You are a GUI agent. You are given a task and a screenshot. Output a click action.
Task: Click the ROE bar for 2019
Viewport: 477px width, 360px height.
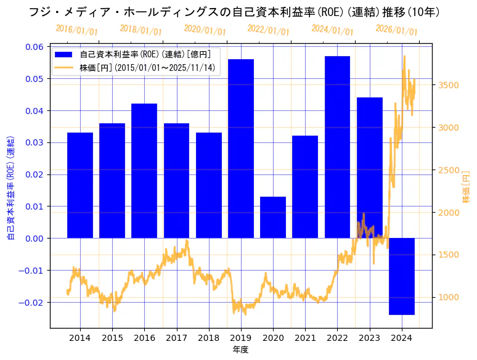241,148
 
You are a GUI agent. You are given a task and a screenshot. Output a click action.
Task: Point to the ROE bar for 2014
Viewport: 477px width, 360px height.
80,185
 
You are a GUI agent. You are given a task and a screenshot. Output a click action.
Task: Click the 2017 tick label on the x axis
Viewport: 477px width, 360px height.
176,338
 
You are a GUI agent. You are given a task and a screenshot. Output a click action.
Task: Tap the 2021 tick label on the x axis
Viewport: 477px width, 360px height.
305,338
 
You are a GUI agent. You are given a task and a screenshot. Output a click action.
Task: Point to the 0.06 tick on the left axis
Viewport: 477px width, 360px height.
34,47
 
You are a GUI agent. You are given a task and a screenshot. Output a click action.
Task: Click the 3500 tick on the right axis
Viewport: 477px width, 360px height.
449,85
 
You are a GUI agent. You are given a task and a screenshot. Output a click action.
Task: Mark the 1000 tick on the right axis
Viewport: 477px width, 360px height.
449,298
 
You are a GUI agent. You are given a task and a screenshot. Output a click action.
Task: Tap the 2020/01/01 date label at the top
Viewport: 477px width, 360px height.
205,30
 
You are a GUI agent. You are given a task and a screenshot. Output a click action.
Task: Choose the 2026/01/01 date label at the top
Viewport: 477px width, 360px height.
396,30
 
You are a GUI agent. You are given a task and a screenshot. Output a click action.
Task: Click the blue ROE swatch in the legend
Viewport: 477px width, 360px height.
63,54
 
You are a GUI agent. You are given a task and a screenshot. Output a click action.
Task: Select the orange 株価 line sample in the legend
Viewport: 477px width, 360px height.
63,67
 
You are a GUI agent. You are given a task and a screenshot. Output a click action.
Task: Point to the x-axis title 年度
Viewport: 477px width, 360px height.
240,350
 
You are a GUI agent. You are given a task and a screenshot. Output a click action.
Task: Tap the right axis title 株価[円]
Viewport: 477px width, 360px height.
467,187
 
